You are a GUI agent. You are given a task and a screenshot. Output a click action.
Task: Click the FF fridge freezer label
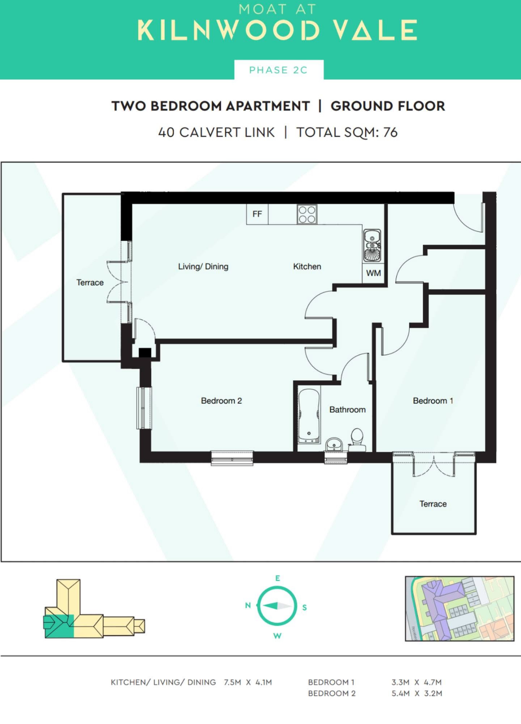pyautogui.click(x=257, y=214)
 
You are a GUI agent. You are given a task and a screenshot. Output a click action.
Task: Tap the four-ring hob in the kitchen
pyautogui.click(x=307, y=214)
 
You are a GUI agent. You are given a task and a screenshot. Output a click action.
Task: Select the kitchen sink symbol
pyautogui.click(x=372, y=245)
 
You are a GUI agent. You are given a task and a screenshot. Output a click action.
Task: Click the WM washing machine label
pyautogui.click(x=373, y=273)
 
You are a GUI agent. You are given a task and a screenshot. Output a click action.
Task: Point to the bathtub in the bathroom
pyautogui.click(x=309, y=415)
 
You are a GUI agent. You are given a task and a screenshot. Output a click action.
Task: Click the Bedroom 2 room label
pyautogui.click(x=221, y=401)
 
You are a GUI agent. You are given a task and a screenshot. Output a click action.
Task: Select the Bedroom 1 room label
pyautogui.click(x=433, y=401)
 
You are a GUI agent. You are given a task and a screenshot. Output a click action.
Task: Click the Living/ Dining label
pyautogui.click(x=203, y=267)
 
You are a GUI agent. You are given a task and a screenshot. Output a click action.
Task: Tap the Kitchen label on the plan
pyautogui.click(x=307, y=266)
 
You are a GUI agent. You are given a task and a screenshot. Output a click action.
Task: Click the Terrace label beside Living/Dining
pyautogui.click(x=90, y=282)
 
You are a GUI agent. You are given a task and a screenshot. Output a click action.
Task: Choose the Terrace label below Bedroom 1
pyautogui.click(x=433, y=504)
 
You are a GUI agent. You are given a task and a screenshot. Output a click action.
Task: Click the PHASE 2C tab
pyautogui.click(x=279, y=70)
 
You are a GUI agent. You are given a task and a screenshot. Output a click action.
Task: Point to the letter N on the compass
pyautogui.click(x=248, y=605)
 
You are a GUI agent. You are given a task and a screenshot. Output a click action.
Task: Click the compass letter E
pyautogui.click(x=277, y=578)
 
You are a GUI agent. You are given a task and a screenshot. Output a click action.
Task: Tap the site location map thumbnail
pyautogui.click(x=459, y=608)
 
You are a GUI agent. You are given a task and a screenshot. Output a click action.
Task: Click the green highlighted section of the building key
pyautogui.click(x=59, y=626)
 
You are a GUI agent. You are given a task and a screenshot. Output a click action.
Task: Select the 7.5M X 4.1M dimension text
pyautogui.click(x=248, y=682)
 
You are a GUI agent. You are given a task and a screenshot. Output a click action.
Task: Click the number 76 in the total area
pyautogui.click(x=390, y=132)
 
